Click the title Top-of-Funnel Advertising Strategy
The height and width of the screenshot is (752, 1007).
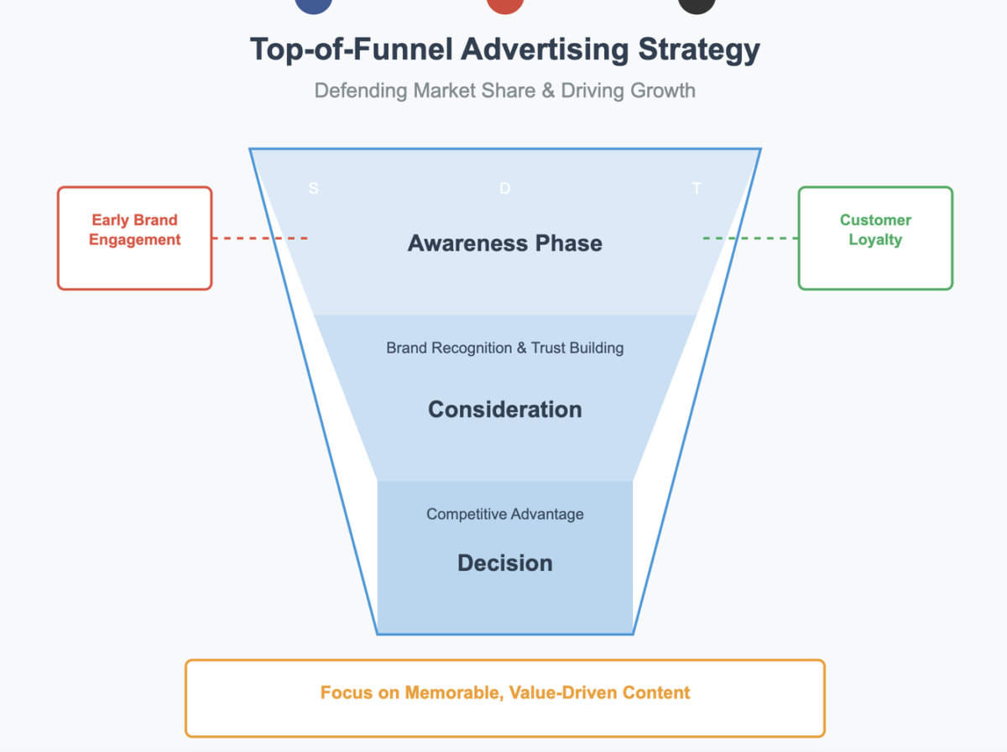pos(504,49)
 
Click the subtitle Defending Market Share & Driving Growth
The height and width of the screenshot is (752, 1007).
pos(504,90)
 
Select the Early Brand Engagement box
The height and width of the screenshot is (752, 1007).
pos(134,238)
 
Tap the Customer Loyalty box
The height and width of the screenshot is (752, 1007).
pos(875,238)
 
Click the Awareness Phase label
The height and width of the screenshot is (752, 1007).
pos(504,243)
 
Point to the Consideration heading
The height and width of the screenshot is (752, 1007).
pos(504,410)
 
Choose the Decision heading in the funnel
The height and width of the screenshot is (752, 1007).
pos(504,562)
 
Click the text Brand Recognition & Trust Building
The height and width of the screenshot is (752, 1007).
pos(504,347)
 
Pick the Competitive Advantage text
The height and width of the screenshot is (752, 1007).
pos(504,514)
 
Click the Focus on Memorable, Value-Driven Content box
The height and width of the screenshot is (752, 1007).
pos(504,698)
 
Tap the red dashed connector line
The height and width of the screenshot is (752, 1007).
pos(260,238)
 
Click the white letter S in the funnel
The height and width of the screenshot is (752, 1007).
pos(313,189)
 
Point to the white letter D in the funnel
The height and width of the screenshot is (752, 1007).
pos(504,189)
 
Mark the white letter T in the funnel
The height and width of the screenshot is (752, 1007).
pos(697,189)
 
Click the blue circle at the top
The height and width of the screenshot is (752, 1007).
pos(314,4)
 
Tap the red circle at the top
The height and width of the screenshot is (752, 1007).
pos(504,4)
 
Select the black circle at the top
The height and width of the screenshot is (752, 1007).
pos(697,4)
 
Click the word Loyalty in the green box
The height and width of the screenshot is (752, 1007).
pos(875,239)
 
